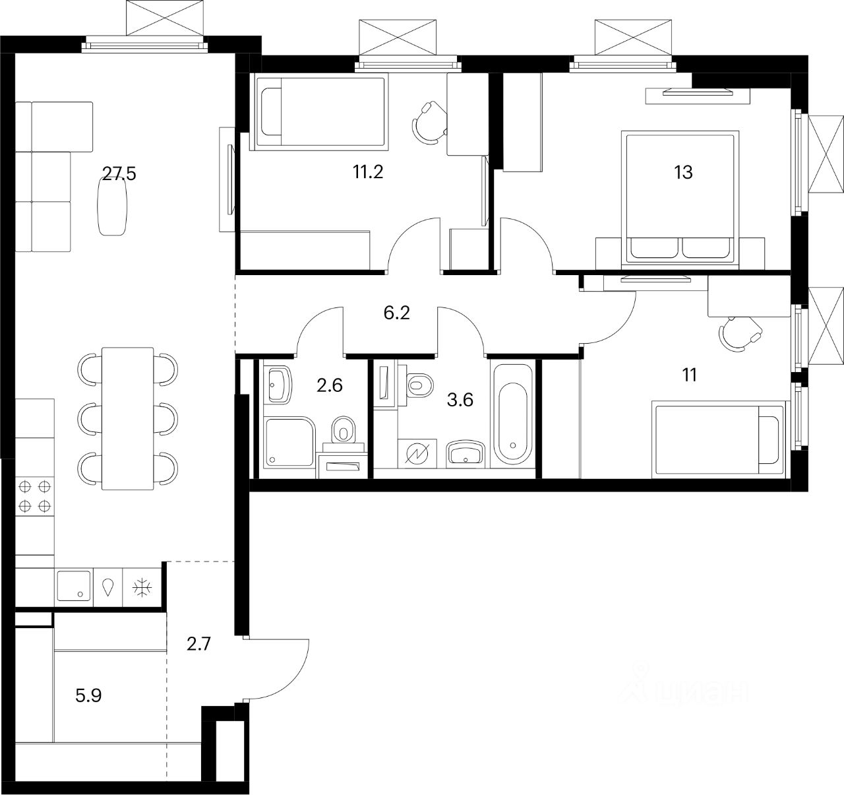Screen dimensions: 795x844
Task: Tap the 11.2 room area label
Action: tap(368, 172)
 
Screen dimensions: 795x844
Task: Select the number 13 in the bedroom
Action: tap(683, 172)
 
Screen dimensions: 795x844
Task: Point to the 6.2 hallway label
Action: tap(397, 313)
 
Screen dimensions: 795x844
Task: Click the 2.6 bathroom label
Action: tap(329, 385)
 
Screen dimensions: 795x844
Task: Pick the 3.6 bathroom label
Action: tap(460, 399)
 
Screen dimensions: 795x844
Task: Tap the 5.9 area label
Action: tap(88, 695)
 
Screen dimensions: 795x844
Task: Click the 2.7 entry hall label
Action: tap(198, 643)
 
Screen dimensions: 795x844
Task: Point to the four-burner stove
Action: tap(35, 496)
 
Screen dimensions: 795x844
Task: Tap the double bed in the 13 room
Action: tap(679, 198)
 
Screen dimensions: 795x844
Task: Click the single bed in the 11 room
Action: tap(717, 440)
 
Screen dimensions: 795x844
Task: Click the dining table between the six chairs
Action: tap(127, 418)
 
